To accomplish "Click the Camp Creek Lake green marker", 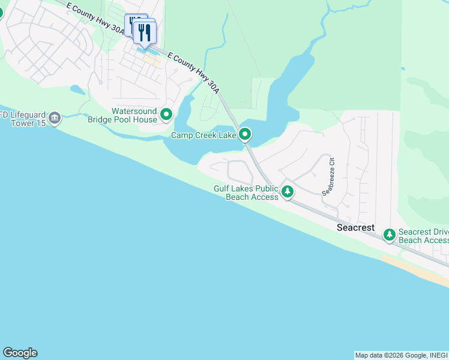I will tap(244, 134).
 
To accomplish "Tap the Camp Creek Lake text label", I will tap(203, 135).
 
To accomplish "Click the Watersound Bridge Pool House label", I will tap(122, 115).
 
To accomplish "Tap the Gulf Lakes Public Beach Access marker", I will tap(288, 192).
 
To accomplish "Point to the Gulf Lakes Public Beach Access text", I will tap(246, 193).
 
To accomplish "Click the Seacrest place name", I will tap(355, 228).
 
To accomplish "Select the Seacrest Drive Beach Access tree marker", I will tap(390, 234).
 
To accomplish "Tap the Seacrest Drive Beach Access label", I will tap(423, 236).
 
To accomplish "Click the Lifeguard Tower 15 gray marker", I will tap(55, 117).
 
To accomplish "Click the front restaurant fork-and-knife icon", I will tap(144, 32).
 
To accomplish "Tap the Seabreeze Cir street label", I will tap(328, 177).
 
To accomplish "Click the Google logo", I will tap(20, 353).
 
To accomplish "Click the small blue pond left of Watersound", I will tap(77, 91).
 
